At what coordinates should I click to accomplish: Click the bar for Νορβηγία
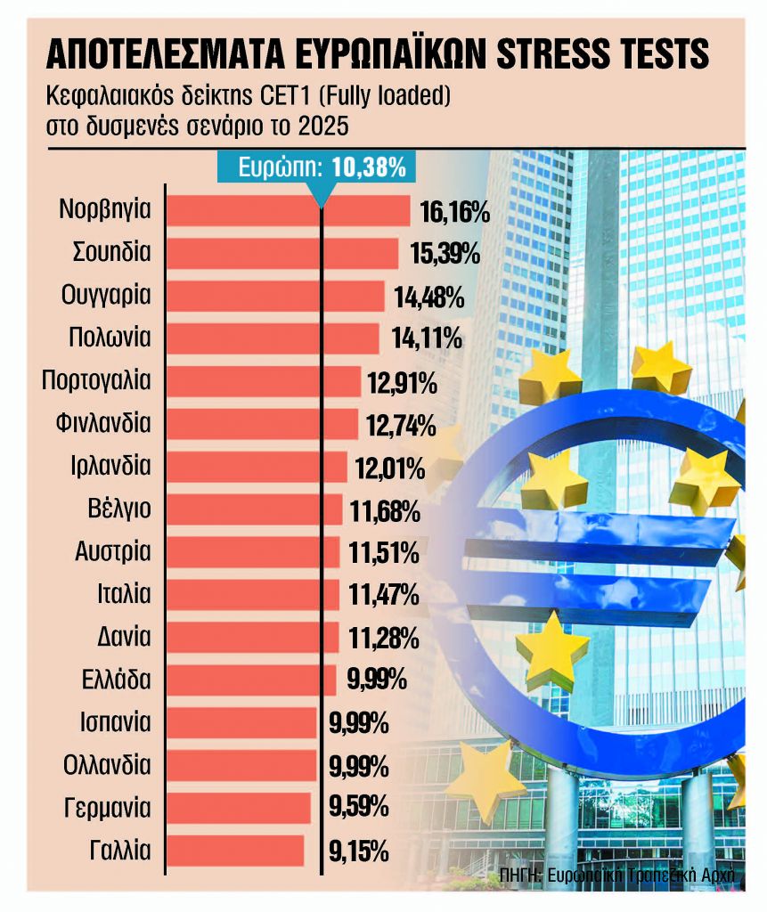tap(288, 211)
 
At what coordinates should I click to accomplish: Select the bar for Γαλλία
tap(235, 851)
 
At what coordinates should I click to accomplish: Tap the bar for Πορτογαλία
tap(264, 381)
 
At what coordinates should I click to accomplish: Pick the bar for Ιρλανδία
tap(257, 467)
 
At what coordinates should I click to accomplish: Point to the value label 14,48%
tap(428, 297)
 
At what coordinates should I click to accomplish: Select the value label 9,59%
tap(358, 808)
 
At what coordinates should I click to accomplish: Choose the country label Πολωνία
tap(110, 338)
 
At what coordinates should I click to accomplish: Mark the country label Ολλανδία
tap(107, 765)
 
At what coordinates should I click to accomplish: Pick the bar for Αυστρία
tap(253, 552)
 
